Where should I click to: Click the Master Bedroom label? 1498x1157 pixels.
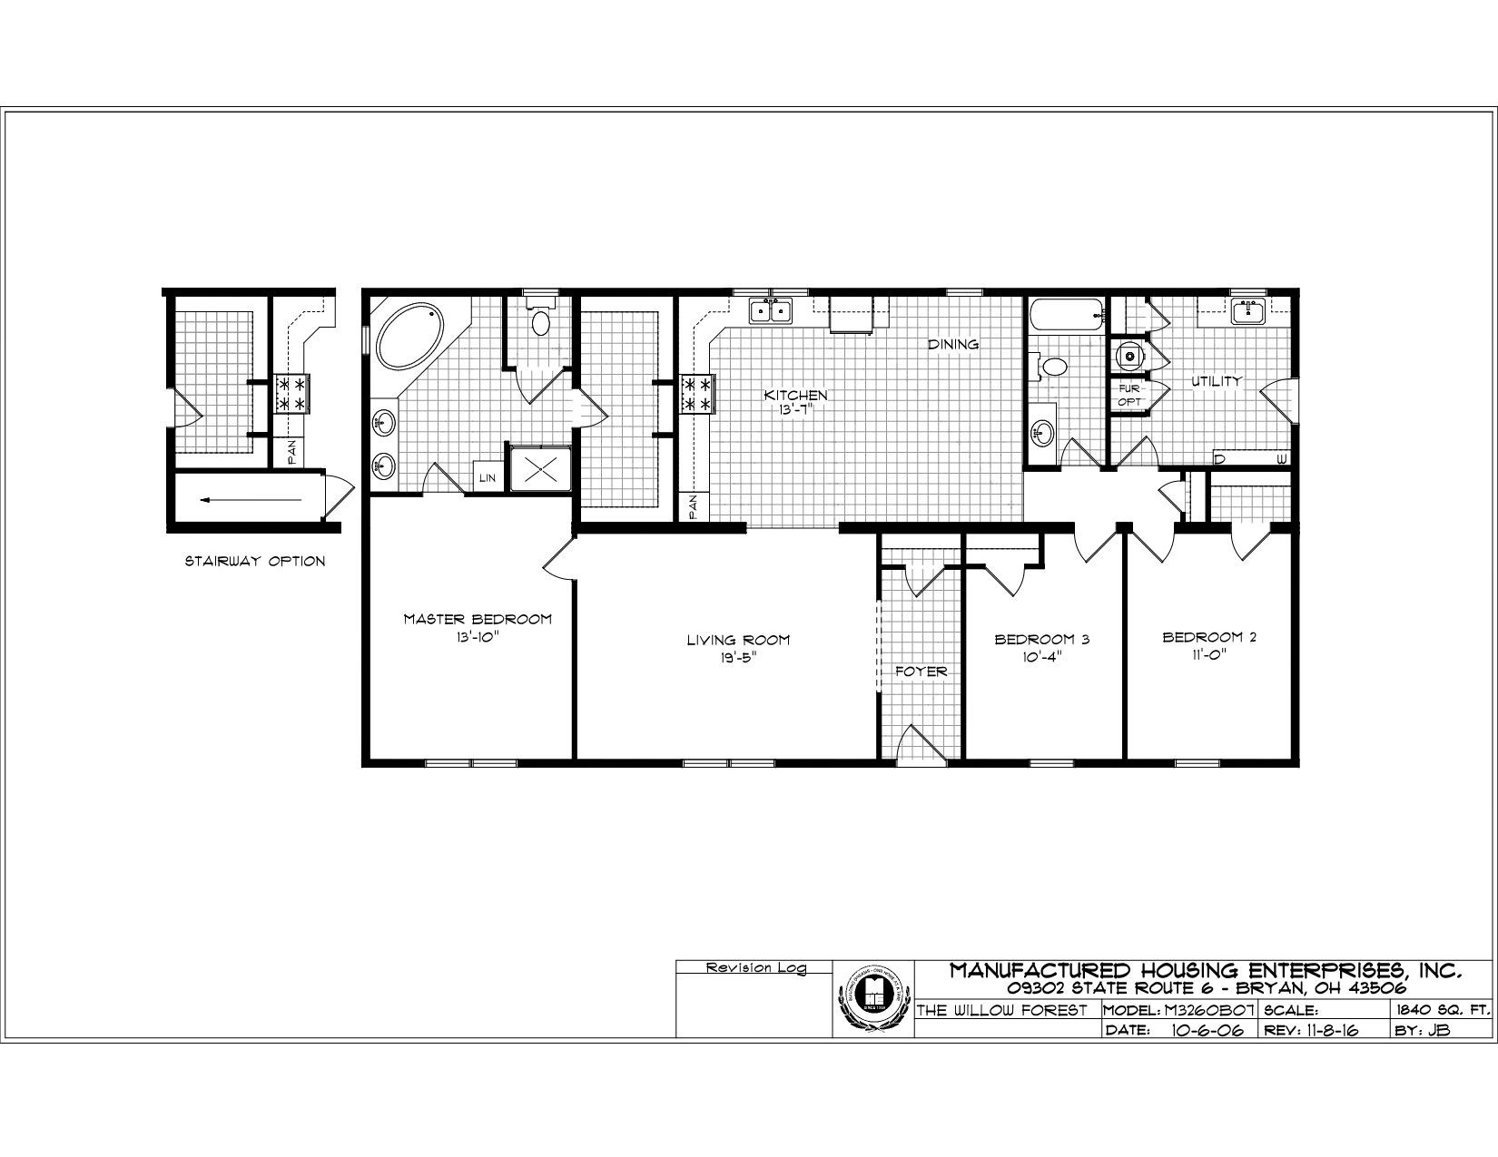point(478,619)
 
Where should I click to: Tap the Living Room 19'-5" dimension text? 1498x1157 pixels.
point(737,658)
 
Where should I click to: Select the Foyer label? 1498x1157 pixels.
point(921,672)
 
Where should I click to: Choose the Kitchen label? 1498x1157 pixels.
point(795,396)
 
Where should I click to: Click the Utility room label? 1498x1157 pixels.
point(1216,382)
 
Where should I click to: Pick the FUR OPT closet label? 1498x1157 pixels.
point(1128,394)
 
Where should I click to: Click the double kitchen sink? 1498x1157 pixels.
point(770,311)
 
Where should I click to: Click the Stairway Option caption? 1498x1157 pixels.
point(255,561)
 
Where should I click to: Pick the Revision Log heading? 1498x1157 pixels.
point(755,968)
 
